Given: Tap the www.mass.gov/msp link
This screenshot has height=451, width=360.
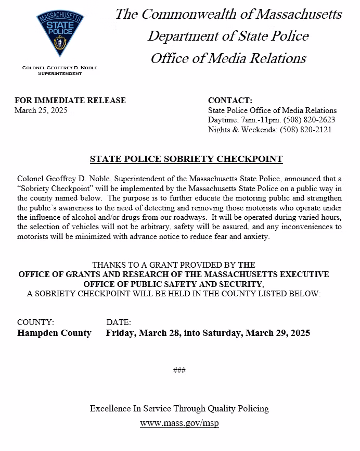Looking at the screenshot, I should (x=179, y=423).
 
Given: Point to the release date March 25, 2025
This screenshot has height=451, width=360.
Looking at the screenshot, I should (x=41, y=110).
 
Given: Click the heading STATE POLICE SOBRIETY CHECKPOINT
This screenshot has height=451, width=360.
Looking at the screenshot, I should (x=186, y=159).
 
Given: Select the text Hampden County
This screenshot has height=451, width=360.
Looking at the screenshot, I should (x=54, y=333).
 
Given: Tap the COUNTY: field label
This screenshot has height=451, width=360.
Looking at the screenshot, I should (x=35, y=323).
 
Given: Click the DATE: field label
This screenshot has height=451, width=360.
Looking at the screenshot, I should (x=119, y=323).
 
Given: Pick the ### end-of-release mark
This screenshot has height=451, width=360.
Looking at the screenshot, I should (x=179, y=370).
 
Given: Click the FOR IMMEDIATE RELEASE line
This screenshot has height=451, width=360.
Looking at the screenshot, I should (x=70, y=101).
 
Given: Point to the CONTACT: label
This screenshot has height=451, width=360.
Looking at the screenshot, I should (x=230, y=101).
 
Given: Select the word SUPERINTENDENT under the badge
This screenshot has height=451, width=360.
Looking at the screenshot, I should (x=60, y=73).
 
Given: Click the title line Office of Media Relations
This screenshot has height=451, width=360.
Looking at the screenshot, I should (x=228, y=58).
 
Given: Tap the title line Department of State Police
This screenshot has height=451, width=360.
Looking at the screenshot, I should (x=228, y=36).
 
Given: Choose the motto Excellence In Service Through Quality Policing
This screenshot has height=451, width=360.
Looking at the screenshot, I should (x=179, y=408).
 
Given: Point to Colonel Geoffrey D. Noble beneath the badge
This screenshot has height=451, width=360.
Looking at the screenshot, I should (x=60, y=68).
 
